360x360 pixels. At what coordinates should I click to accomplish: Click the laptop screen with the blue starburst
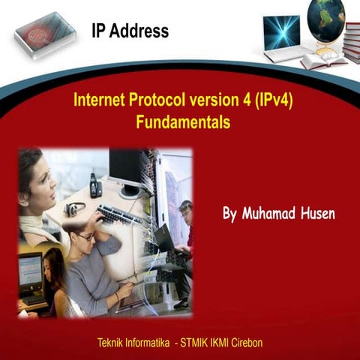281,33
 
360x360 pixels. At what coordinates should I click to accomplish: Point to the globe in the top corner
325,19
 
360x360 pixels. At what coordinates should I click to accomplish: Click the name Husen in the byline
316,213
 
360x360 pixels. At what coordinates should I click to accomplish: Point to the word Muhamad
266,213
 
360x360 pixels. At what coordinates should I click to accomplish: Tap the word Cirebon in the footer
243,343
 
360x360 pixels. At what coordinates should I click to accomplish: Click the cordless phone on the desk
95,184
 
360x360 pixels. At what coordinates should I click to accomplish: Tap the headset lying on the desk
74,209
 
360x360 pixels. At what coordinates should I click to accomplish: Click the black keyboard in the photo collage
119,215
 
